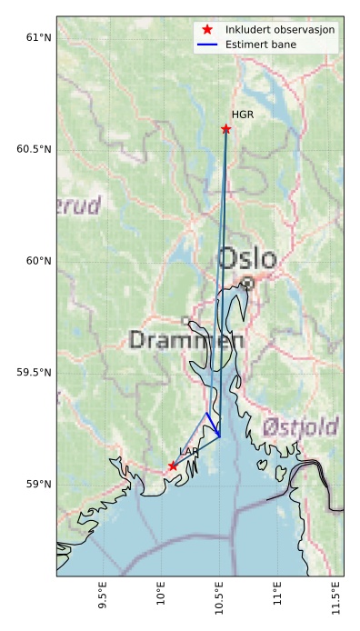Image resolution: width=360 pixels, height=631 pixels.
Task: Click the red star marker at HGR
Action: pos(226,129)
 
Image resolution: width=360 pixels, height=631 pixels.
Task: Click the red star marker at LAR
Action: pos(173,466)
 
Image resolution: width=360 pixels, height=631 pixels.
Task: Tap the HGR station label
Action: pos(243,115)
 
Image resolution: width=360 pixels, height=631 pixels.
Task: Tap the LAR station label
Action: pos(188,452)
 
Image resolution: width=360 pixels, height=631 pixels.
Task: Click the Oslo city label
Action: pos(246,259)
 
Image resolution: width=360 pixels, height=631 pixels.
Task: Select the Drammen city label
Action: pos(186,341)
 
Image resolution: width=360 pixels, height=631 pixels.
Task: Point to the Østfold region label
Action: pos(300,426)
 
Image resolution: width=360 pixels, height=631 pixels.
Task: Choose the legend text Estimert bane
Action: pos(261,44)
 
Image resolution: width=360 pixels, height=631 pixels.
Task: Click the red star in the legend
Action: pos(208,30)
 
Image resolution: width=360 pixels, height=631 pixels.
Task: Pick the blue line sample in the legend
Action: pos(208,44)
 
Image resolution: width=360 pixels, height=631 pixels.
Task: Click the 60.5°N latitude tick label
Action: pos(34,149)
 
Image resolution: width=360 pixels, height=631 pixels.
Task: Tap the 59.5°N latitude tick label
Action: pos(34,373)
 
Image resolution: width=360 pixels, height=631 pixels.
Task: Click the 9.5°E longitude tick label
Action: pos(102,601)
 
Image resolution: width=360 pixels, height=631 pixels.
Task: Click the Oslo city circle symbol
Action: pos(247,284)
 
